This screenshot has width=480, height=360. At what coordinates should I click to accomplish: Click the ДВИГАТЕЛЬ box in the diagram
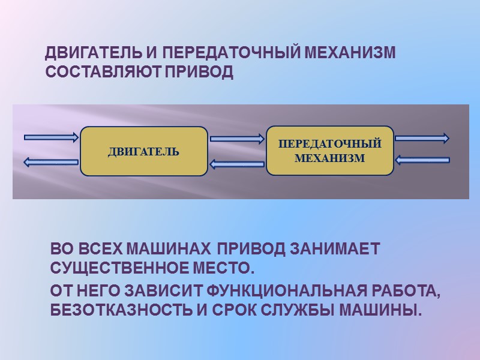pyautogui.click(x=144, y=151)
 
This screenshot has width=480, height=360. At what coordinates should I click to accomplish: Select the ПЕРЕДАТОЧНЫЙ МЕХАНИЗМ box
pyautogui.click(x=330, y=151)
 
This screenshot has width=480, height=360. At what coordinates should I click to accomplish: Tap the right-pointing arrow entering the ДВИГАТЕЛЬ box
pyautogui.click(x=51, y=137)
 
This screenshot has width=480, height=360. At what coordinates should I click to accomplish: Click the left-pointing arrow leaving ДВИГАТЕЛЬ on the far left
pyautogui.click(x=51, y=161)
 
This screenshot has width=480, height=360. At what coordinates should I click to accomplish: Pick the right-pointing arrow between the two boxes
pyautogui.click(x=237, y=139)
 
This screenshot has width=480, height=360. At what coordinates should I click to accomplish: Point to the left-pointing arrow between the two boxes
pyautogui.click(x=237, y=164)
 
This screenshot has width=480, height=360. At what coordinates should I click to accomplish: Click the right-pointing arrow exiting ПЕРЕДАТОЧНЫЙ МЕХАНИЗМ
pyautogui.click(x=422, y=138)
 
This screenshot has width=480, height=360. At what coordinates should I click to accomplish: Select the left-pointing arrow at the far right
pyautogui.click(x=423, y=160)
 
